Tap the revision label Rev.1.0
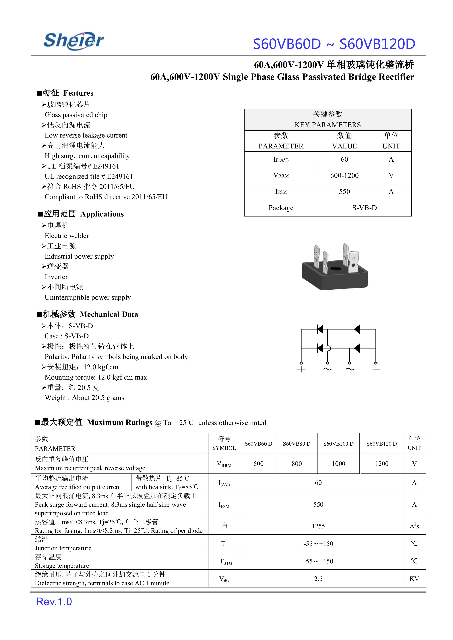coord(54,602)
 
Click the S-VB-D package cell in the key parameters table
coord(364,208)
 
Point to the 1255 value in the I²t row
coord(318,526)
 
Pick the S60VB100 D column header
coord(338,444)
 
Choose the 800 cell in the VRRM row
coord(297,464)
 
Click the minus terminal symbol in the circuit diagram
coord(376,369)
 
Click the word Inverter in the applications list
coord(56,277)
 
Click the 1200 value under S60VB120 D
coord(382,464)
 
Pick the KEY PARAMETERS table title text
coord(328,125)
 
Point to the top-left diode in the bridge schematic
coord(320,330)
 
